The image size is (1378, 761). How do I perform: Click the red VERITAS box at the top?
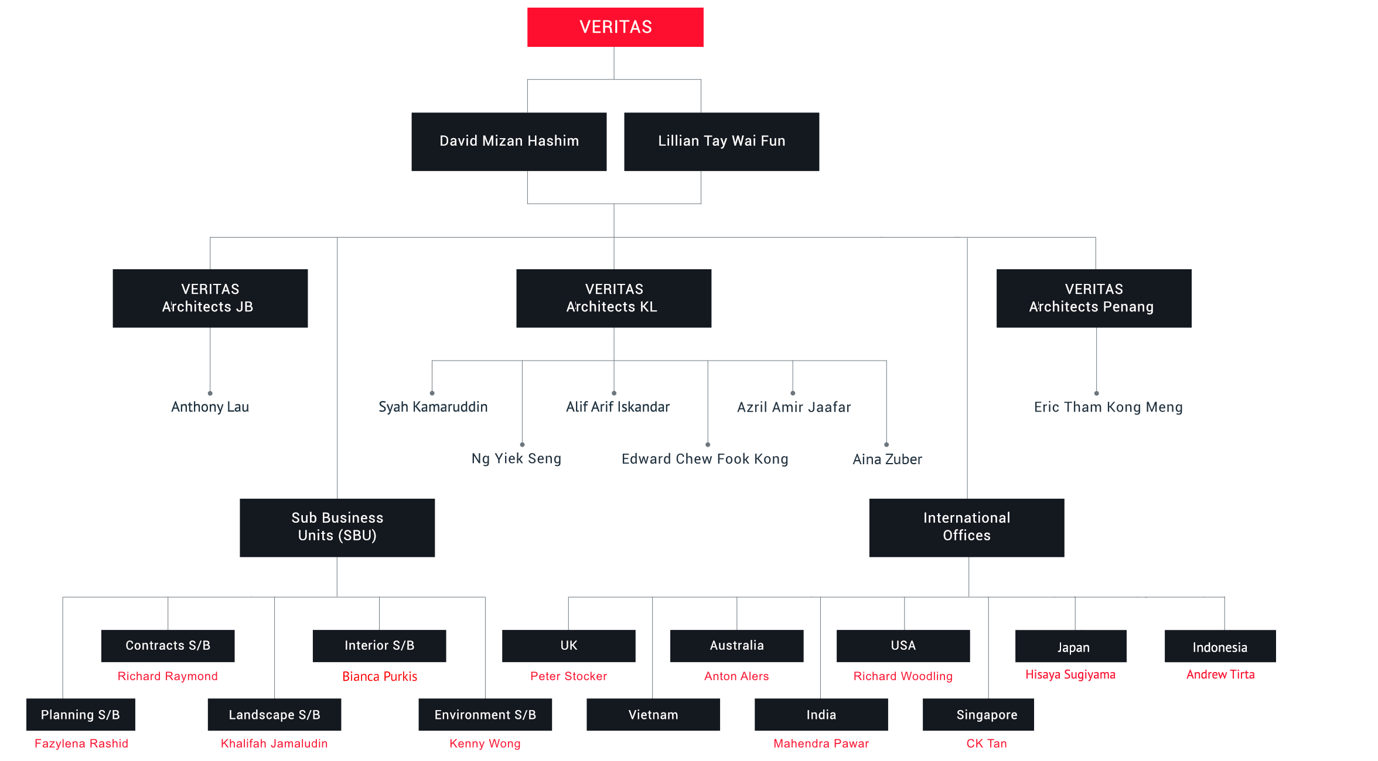[x=615, y=27]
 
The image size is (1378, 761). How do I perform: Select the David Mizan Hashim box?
[x=509, y=142]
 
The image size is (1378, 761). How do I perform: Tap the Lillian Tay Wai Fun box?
[x=722, y=142]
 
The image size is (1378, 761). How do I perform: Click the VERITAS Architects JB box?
[x=210, y=298]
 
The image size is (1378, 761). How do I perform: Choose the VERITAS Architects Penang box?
[x=1094, y=298]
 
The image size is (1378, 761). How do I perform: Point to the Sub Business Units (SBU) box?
[x=337, y=527]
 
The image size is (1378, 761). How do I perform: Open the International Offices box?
[x=967, y=527]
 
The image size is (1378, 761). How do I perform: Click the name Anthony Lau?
[x=210, y=407]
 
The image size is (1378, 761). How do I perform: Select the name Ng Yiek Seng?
[x=517, y=458]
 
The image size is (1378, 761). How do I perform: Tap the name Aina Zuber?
[x=888, y=459]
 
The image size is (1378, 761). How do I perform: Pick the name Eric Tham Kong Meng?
[x=1108, y=407]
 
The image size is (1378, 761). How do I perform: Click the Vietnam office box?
[x=653, y=714]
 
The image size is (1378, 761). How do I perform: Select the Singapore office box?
[x=978, y=714]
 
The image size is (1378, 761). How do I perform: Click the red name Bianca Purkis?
[x=380, y=676]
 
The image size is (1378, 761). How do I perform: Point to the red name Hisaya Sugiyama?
[x=1070, y=674]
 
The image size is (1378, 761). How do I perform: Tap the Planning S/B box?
[x=81, y=714]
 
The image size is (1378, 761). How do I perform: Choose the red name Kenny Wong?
[x=485, y=743]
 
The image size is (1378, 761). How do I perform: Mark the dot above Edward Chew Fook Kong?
[x=708, y=444]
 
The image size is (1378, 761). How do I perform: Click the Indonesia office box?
[x=1220, y=646]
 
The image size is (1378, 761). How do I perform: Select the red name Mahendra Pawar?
[x=821, y=743]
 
